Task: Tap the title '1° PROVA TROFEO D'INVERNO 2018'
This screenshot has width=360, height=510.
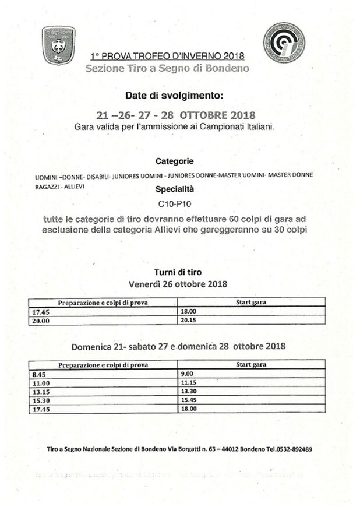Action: pyautogui.click(x=167, y=57)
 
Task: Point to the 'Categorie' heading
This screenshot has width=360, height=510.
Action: pyautogui.click(x=175, y=160)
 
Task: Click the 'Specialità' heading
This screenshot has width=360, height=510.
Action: pyautogui.click(x=175, y=189)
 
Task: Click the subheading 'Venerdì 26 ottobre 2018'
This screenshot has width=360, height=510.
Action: pyautogui.click(x=178, y=284)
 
